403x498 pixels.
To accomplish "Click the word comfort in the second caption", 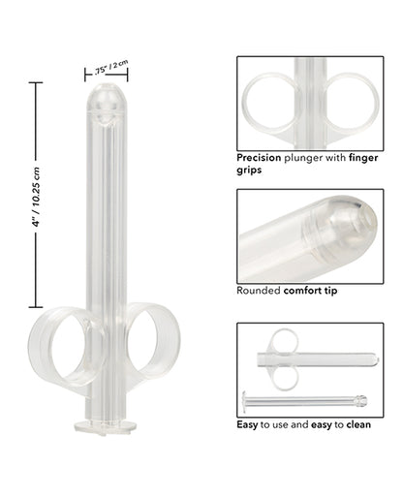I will click(305, 289).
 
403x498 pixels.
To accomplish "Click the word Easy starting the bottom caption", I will click(248, 423).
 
